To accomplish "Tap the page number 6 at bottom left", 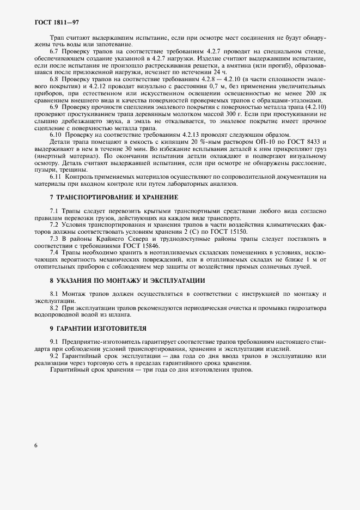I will pyautogui.click(x=35, y=445).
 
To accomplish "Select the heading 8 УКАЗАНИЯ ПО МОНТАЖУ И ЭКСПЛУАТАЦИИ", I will pyautogui.click(x=127, y=280).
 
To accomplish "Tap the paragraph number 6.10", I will pyautogui.click(x=56, y=135).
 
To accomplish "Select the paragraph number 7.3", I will pyautogui.click(x=54, y=239).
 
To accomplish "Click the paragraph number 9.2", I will pyautogui.click(x=54, y=356).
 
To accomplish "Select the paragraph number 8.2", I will pyautogui.click(x=54, y=308).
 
